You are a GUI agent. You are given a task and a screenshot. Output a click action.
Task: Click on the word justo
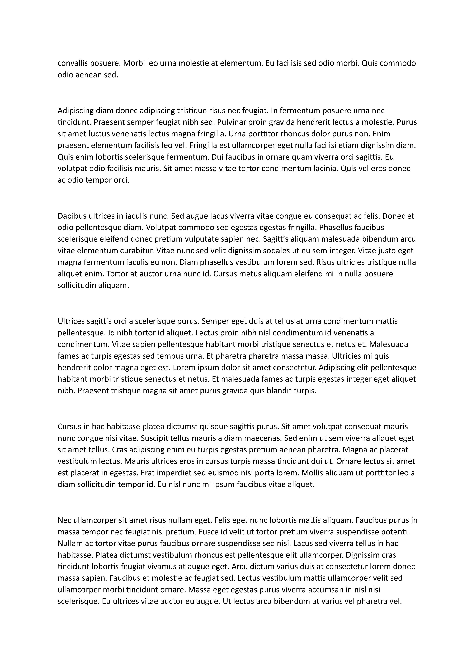[373, 251]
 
